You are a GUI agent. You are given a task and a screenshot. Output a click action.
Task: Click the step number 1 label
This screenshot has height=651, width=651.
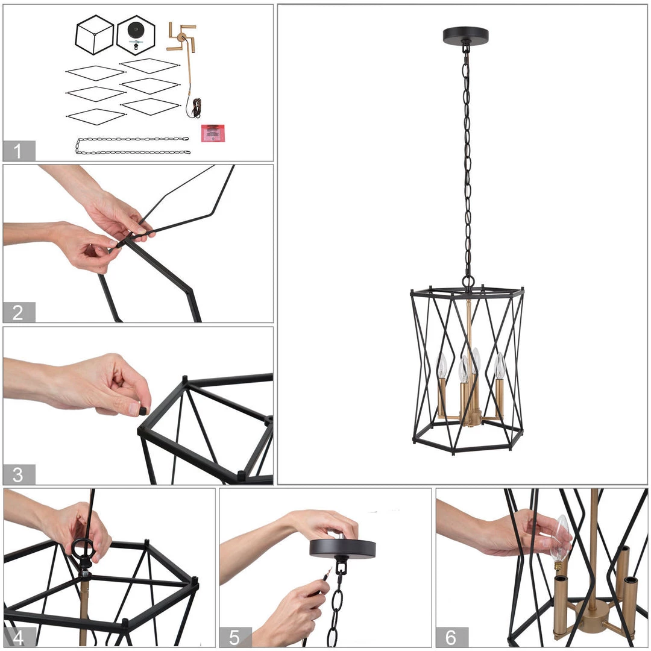tap(19, 151)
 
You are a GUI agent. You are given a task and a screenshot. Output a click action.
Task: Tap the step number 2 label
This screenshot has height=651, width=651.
tap(19, 312)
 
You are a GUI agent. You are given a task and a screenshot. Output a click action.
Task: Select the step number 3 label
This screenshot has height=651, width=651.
tap(19, 474)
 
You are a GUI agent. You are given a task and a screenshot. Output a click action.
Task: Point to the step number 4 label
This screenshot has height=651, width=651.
tap(19, 637)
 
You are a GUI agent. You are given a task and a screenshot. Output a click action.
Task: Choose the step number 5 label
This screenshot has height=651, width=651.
tap(234, 637)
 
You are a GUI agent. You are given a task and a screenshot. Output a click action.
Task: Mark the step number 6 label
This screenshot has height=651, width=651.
tap(451, 637)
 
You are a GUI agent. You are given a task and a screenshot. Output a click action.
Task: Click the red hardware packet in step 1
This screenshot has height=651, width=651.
tap(212, 133)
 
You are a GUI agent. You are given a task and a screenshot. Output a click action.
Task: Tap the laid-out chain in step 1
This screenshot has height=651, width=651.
tap(133, 146)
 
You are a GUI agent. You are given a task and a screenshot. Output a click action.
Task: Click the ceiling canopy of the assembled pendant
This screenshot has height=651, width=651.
tap(465, 36)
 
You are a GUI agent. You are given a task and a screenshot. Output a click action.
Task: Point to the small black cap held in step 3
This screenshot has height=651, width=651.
tap(143, 410)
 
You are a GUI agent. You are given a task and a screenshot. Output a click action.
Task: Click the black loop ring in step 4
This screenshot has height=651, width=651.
tap(83, 548)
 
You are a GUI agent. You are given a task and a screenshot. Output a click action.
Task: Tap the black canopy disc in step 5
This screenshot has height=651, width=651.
tap(342, 548)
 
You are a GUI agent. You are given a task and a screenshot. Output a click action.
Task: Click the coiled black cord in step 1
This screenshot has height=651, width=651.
tap(197, 108)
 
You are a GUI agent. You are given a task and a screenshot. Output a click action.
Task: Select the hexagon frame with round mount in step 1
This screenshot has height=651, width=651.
tap(136, 34)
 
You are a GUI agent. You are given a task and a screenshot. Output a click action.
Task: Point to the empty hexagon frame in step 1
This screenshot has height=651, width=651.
tap(95, 35)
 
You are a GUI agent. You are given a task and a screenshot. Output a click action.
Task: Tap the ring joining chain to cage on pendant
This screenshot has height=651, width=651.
tap(468, 281)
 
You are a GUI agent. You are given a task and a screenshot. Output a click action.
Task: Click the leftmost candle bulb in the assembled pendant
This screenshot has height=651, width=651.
tap(442, 365)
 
